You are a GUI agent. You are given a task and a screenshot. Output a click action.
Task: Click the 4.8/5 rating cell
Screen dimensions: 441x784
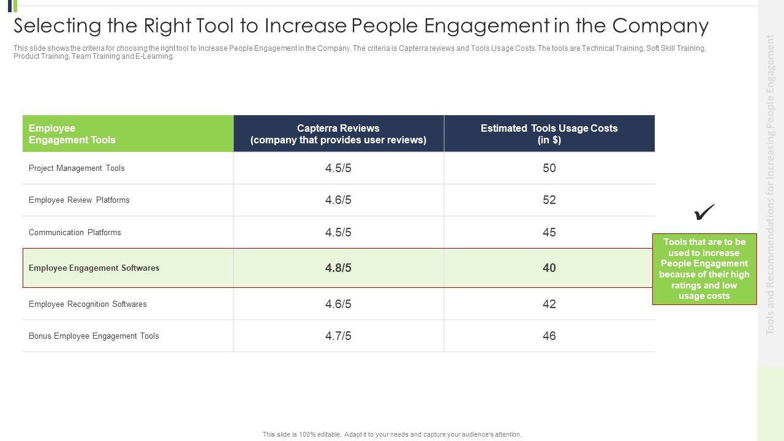coord(338,268)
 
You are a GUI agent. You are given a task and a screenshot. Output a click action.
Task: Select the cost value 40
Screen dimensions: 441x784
coord(549,268)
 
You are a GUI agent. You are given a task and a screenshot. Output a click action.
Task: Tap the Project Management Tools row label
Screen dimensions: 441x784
coord(77,168)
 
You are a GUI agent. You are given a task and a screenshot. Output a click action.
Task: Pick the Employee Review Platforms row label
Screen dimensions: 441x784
coord(79,200)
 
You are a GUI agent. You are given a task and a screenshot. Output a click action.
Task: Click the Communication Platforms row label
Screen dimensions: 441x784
coord(75,232)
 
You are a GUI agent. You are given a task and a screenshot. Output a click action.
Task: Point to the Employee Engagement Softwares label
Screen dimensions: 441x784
coord(94,268)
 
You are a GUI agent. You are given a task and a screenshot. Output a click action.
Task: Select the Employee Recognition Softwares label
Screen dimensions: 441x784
coord(88,304)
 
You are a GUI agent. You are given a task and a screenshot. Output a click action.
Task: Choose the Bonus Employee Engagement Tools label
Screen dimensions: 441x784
coord(94,336)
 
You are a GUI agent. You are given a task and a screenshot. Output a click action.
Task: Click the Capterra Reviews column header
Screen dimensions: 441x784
coord(338,134)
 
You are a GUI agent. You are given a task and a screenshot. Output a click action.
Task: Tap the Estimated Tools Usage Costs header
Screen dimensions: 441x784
coord(549,134)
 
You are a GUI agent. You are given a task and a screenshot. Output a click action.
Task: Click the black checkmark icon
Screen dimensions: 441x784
coord(704,213)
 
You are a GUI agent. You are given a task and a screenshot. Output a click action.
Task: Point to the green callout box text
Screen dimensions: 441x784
coord(704,269)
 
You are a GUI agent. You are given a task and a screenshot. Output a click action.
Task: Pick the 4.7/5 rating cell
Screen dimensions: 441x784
coord(338,336)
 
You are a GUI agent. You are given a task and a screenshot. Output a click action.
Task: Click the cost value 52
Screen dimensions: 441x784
coord(549,200)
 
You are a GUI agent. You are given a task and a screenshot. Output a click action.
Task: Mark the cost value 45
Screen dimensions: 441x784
coord(549,232)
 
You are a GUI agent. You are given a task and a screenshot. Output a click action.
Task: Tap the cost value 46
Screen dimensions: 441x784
coord(549,336)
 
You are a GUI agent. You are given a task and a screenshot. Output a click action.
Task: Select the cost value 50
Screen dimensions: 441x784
coord(549,168)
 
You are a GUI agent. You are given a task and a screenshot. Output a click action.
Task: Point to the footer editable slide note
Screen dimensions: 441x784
coord(392,434)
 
